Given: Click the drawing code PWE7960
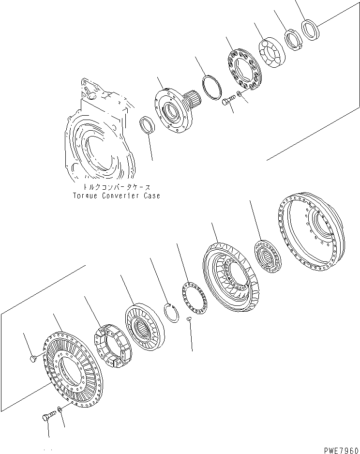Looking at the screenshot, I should (338, 448).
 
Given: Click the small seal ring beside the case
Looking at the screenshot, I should (147, 127).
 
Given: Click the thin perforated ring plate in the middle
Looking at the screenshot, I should (194, 300).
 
